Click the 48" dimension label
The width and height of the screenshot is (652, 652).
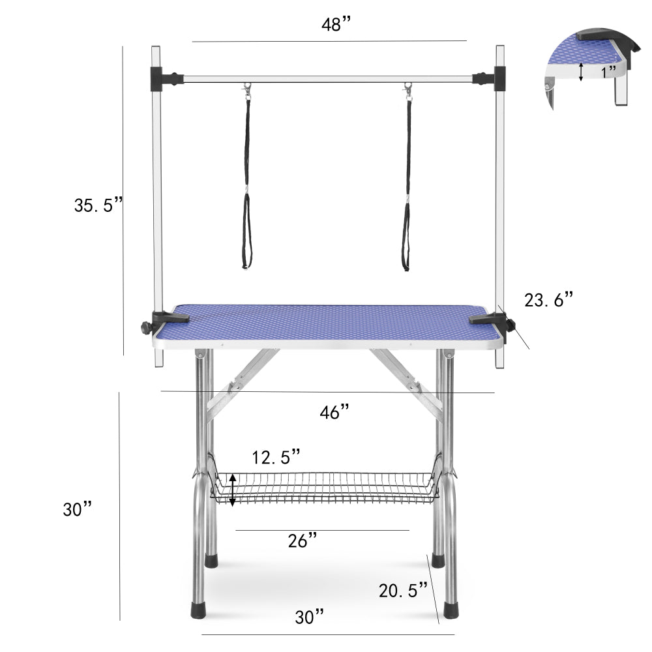pos(336,25)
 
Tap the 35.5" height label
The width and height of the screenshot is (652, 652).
pos(98,205)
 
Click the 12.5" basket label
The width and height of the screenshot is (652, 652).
pos(276,456)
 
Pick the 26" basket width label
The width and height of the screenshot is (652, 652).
pos(303,540)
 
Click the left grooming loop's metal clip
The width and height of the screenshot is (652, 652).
pos(247,91)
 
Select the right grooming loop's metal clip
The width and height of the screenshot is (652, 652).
pos(408,91)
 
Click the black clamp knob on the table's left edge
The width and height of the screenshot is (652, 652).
pos(145,327)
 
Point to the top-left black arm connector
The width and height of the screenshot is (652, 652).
pos(163,79)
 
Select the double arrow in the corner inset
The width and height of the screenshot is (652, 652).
pos(581,72)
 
